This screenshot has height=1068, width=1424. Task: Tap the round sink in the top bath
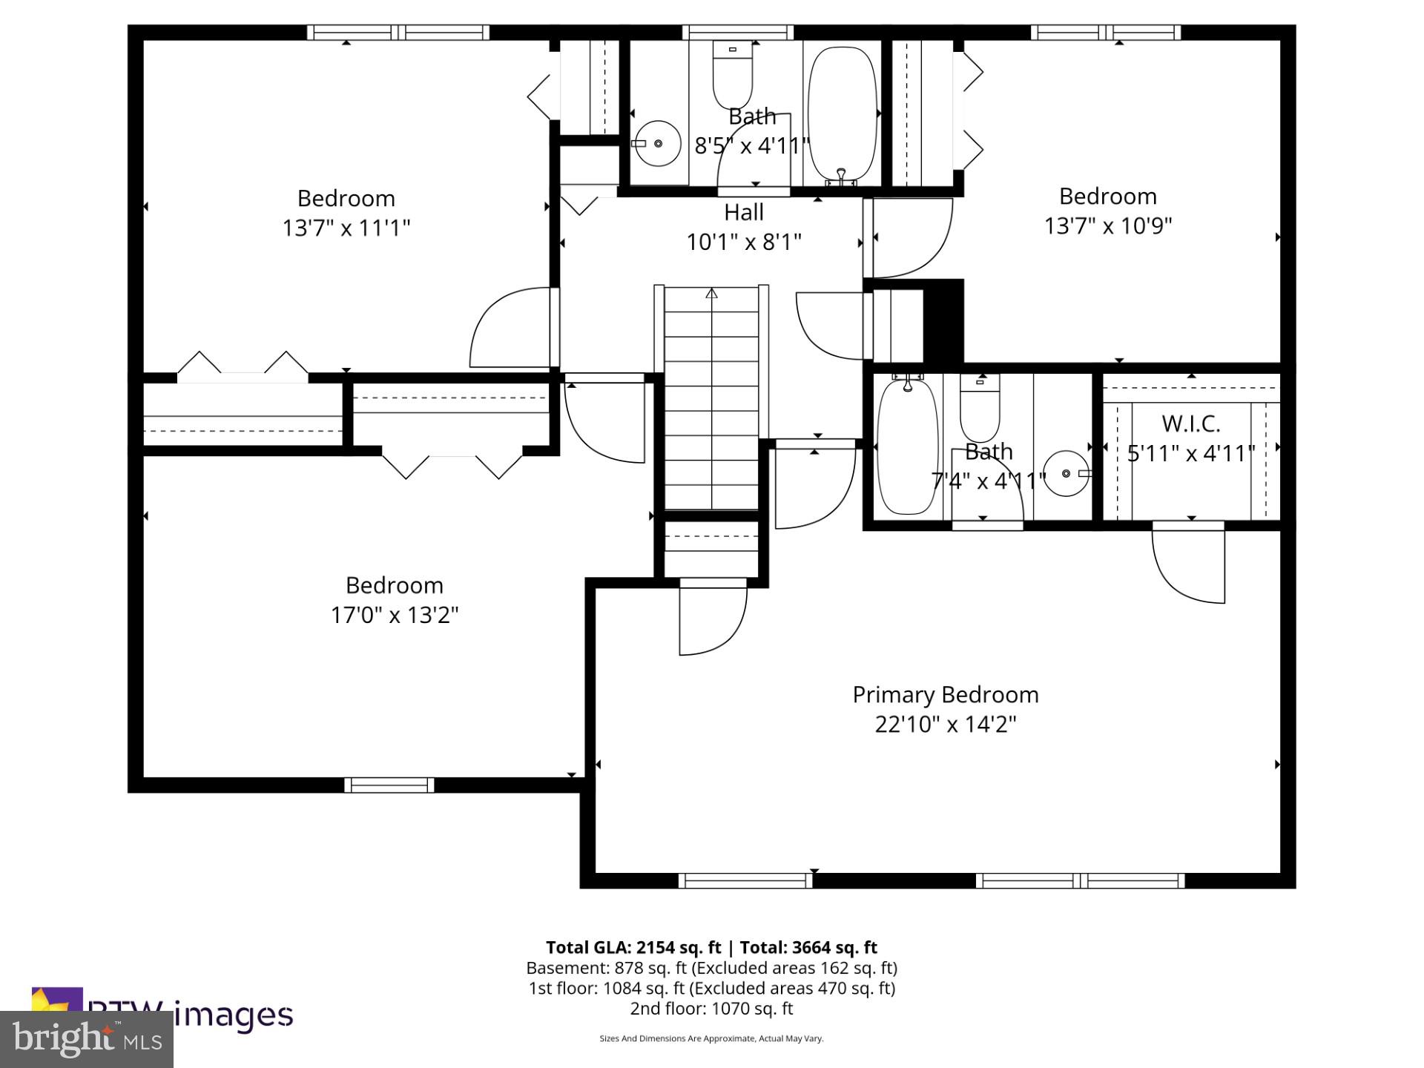657,143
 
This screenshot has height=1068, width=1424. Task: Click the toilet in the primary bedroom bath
980,409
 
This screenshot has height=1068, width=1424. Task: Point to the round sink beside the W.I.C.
1066,473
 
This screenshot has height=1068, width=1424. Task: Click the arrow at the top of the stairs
711,293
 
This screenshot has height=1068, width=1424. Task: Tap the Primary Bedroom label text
945,695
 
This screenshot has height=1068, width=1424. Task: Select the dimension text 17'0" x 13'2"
394,615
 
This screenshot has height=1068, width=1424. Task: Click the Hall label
743,213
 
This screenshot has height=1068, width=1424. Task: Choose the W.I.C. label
1190,423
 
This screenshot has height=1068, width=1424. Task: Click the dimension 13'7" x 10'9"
1107,225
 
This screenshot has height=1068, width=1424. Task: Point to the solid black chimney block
943,322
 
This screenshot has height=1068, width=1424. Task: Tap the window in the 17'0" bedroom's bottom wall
389,785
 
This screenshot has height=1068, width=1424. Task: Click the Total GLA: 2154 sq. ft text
633,947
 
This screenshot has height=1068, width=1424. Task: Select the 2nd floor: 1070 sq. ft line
711,1009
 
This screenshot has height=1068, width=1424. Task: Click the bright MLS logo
87,1038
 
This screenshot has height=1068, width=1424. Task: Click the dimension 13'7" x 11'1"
346,228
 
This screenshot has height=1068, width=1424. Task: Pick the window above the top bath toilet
737,32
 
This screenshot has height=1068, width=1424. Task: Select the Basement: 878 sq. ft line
711,968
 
